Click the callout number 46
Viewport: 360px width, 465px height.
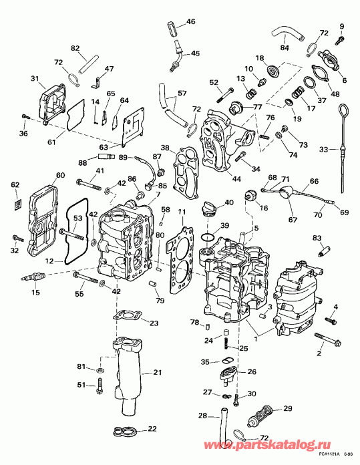pyautogui.click(x=191, y=21)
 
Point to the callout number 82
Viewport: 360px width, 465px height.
pyautogui.click(x=75, y=47)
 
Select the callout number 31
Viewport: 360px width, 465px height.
pyautogui.click(x=34, y=78)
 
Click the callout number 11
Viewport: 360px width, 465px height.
pyautogui.click(x=182, y=212)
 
